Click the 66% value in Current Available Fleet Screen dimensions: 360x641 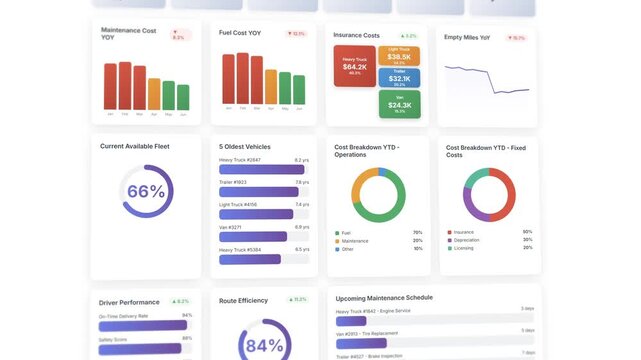(146, 192)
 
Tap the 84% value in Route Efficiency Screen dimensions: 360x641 (265, 345)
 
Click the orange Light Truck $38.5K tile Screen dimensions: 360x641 (399, 56)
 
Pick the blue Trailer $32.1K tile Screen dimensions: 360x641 (399, 78)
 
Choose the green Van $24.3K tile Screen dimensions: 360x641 (399, 103)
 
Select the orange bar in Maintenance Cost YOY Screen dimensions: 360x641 (154, 94)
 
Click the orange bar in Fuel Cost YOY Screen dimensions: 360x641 (271, 87)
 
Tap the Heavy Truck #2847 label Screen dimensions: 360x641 (240, 160)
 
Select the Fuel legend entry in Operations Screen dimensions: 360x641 (346, 232)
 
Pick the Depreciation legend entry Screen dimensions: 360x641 (466, 240)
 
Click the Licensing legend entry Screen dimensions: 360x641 (464, 248)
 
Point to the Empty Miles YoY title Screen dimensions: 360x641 (467, 38)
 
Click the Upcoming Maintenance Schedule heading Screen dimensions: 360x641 (383, 298)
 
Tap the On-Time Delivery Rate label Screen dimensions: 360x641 (123, 316)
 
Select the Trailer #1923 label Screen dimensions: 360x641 (233, 182)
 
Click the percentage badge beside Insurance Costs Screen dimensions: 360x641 (409, 36)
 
